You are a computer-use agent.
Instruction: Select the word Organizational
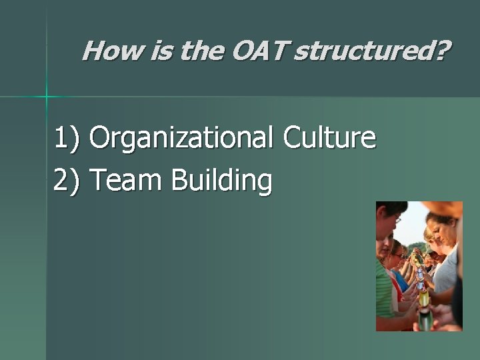[181, 138]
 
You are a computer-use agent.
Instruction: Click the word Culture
[329, 138]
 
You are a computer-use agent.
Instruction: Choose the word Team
[126, 181]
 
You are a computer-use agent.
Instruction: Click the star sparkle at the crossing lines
[47, 97]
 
